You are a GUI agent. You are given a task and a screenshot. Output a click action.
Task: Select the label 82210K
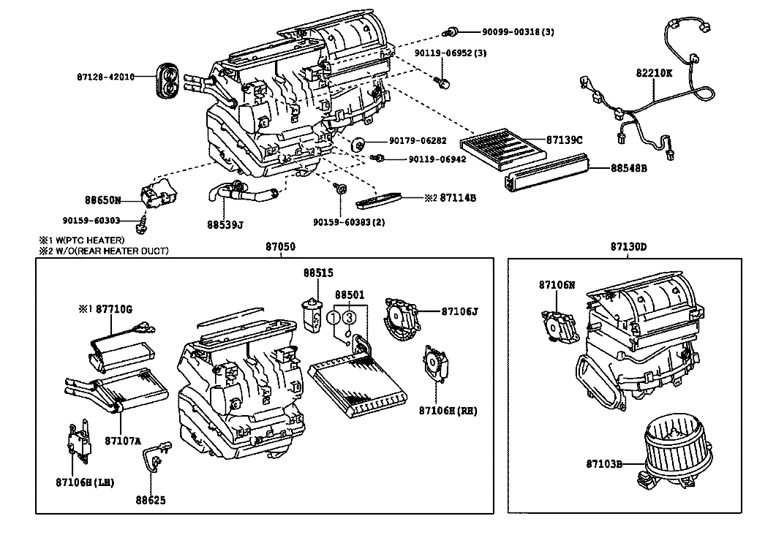pyautogui.click(x=654, y=74)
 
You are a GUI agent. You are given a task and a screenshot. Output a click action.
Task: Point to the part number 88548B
pyautogui.click(x=629, y=167)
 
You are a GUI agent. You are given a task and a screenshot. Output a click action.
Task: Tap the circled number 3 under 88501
pyautogui.click(x=350, y=317)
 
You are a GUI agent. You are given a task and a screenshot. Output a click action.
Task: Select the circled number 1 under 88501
pyautogui.click(x=334, y=317)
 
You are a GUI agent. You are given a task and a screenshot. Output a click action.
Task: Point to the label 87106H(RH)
pyautogui.click(x=449, y=411)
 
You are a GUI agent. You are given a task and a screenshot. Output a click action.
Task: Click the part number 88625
pyautogui.click(x=150, y=501)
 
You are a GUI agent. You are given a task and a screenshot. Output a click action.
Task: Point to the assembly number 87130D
pyautogui.click(x=628, y=246)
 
